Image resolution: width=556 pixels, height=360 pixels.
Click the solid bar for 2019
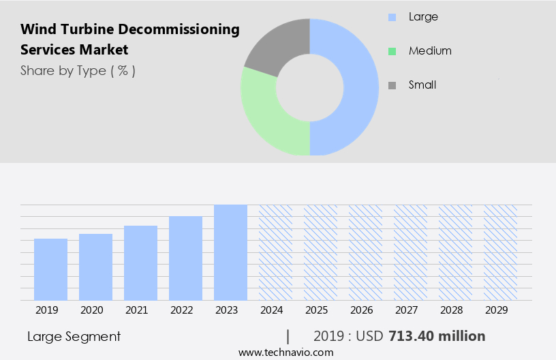(x=50, y=269)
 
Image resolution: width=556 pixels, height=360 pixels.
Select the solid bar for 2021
(x=140, y=262)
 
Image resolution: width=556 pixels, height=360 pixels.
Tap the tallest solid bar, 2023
(x=230, y=252)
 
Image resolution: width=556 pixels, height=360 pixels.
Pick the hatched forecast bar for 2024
(x=275, y=252)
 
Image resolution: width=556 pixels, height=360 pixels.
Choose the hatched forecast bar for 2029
(x=500, y=252)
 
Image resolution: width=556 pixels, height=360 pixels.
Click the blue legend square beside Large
(x=392, y=16)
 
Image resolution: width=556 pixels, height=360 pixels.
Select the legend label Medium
(x=430, y=50)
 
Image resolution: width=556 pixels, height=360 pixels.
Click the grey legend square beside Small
(x=392, y=85)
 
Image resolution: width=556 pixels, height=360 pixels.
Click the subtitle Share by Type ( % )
(x=78, y=70)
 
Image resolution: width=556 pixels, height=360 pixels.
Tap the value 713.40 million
(x=437, y=336)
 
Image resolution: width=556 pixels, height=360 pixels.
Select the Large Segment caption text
(x=74, y=336)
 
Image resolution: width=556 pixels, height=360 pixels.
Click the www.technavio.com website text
(x=286, y=352)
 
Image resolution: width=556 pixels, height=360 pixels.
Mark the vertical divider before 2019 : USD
(x=288, y=336)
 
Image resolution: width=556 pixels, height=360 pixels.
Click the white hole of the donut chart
(x=310, y=87)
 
